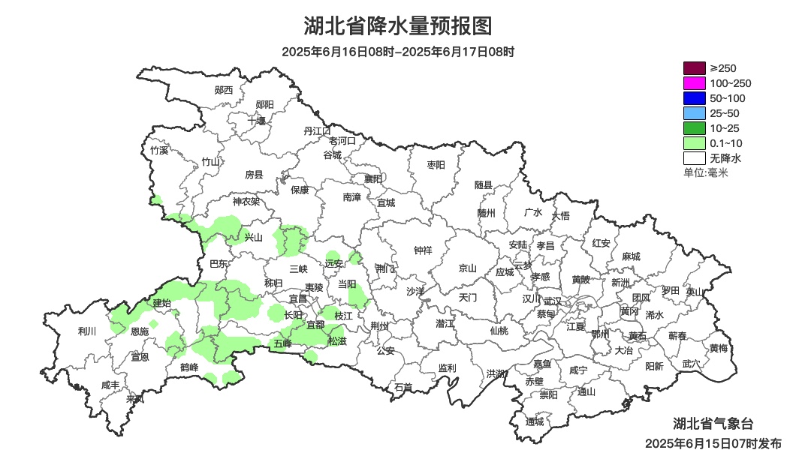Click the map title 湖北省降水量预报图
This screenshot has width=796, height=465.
coord(398,26)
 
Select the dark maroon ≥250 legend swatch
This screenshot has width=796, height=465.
coord(694,68)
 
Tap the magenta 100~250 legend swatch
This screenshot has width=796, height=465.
coord(694,83)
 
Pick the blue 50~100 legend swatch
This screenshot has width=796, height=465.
coord(694,98)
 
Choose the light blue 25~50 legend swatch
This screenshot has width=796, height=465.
coord(694,113)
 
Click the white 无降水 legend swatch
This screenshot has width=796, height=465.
coord(694,158)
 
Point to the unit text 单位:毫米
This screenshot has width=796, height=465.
coord(705,173)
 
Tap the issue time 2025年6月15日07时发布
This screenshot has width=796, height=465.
coord(713,443)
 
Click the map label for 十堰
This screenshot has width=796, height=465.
coord(257,120)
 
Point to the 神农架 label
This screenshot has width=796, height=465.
coord(246,201)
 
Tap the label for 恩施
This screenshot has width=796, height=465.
coord(140,331)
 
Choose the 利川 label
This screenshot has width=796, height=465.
coord(87,331)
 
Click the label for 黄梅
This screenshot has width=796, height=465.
coord(718,348)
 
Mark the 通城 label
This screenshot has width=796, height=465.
coord(534,421)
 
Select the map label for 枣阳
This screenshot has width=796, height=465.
coord(436,164)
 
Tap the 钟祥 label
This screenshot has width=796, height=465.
coord(423,250)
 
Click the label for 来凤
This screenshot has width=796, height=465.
coord(135,398)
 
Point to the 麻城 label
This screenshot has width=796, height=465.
coord(631,256)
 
